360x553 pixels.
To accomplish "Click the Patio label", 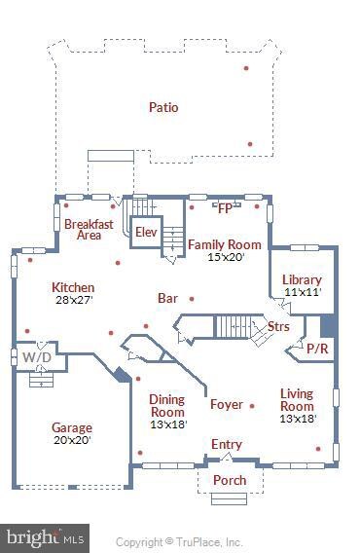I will tap(163, 106).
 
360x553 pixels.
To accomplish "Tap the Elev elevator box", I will tap(146, 232).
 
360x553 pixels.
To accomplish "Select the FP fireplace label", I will tap(225, 207).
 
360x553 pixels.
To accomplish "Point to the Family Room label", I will tap(224, 244).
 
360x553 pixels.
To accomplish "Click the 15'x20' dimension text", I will tap(224, 257).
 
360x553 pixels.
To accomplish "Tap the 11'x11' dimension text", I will tap(302, 292).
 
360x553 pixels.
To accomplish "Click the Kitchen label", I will tap(73, 287).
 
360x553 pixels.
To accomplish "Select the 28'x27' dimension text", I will tap(73, 300).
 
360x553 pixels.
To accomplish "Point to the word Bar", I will tap(167, 298).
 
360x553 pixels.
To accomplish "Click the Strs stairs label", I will tap(278, 326).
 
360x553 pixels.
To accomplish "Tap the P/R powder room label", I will tap(317, 348).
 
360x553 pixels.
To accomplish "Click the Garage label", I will tap(72, 427).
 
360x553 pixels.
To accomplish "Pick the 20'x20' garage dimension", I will tap(72, 440).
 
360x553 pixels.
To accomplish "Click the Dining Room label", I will tap(166, 405).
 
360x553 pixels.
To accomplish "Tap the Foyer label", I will tap(227, 404).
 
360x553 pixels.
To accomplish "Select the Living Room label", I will tap(297, 399).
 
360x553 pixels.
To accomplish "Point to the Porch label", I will tap(229, 481).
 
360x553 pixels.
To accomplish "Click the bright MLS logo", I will tap(45, 538).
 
